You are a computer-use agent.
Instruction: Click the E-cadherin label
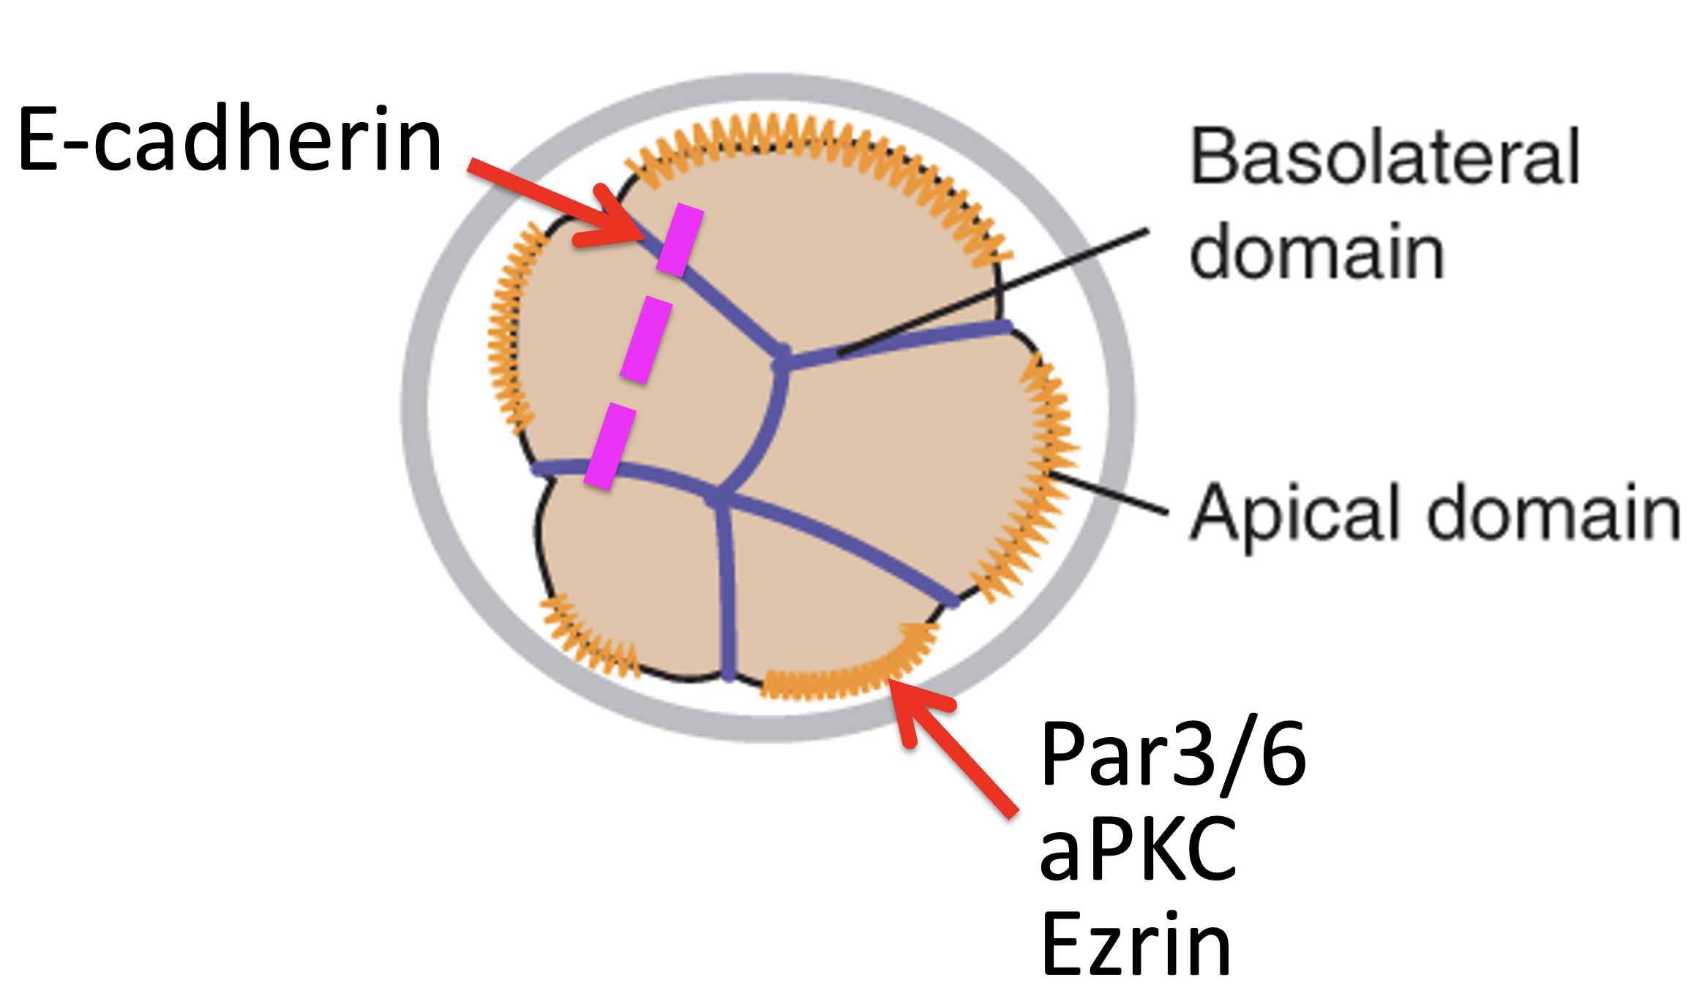[x=230, y=139]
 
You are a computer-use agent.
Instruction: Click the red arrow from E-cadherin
[x=558, y=202]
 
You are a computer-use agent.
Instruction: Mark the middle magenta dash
[x=645, y=339]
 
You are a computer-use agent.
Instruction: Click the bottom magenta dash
[x=610, y=446]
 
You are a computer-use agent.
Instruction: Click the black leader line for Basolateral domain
[x=992, y=293]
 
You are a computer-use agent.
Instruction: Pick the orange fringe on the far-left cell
[x=512, y=329]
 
